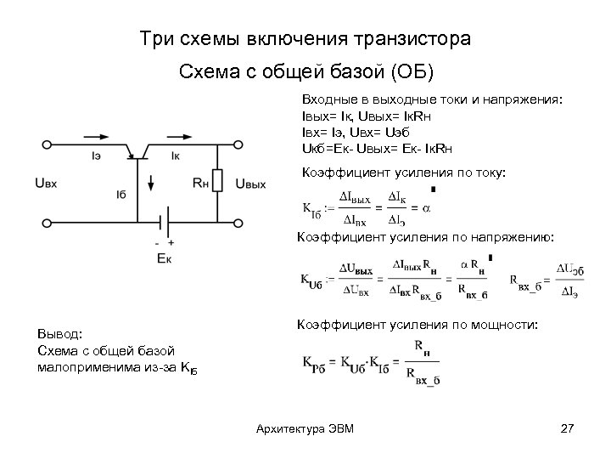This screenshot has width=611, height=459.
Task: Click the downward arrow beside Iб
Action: [150, 182]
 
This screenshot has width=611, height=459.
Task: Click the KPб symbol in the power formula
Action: [313, 360]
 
